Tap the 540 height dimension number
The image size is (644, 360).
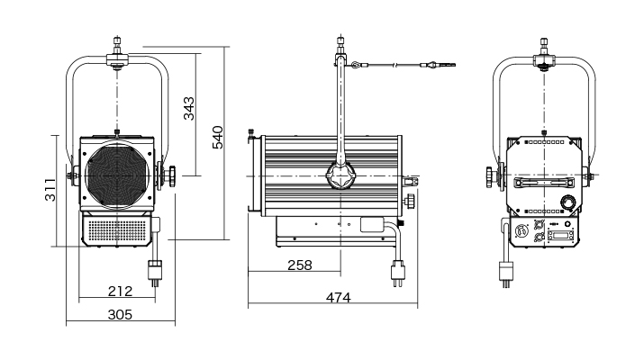point(217,139)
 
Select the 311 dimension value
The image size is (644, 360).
point(51,190)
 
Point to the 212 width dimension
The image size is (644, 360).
point(119,291)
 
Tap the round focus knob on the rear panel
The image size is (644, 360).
point(568,201)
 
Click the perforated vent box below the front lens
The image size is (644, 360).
point(117,231)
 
